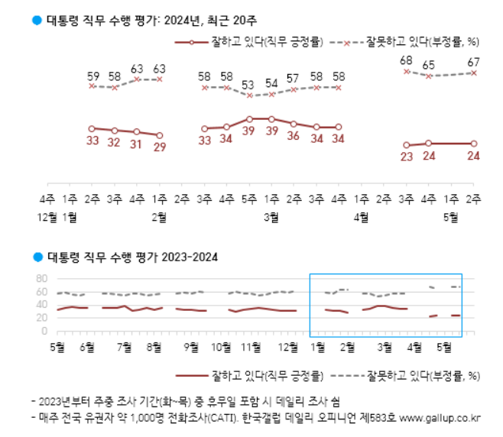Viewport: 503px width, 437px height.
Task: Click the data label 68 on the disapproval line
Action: (407, 60)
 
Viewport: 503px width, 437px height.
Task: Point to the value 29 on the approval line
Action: (160, 147)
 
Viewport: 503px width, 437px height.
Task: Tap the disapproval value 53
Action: (249, 85)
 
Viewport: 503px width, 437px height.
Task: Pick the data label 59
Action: (92, 76)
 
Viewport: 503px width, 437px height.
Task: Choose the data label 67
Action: (474, 61)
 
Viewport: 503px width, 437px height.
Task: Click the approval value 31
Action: (137, 143)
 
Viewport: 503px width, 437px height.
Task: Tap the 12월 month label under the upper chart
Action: (47, 217)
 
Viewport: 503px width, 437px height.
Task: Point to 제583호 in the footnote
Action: (379, 417)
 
